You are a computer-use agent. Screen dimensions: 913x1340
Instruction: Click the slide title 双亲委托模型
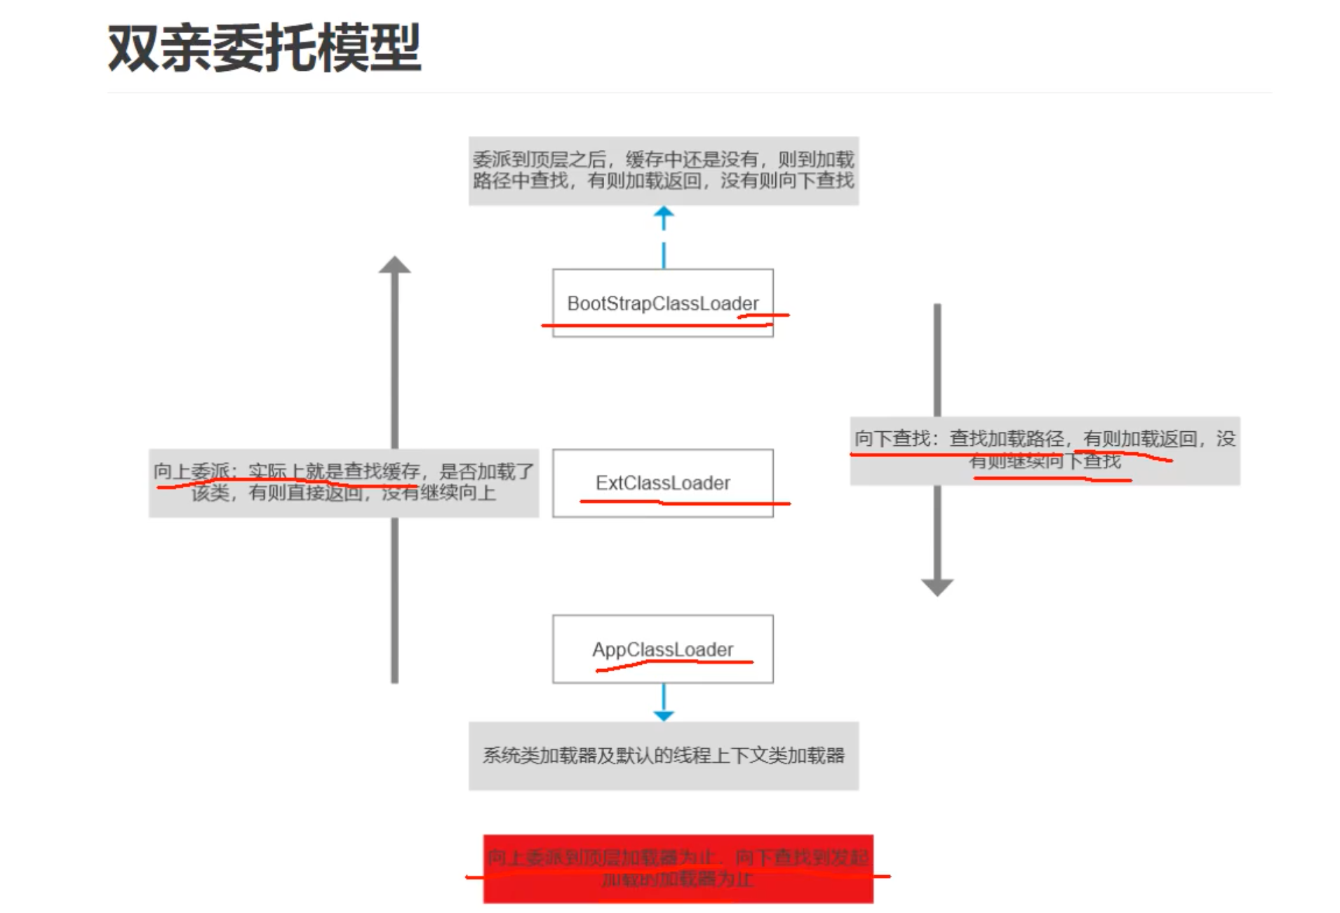click(x=264, y=48)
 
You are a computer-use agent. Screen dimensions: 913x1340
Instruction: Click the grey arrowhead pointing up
click(x=394, y=265)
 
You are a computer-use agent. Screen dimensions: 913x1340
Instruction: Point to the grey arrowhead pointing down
click(x=937, y=587)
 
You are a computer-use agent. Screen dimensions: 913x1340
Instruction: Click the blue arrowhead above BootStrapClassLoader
click(x=664, y=213)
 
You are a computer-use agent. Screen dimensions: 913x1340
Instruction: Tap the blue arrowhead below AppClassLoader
click(x=664, y=715)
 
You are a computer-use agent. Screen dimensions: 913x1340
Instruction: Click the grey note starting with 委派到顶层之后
click(x=663, y=170)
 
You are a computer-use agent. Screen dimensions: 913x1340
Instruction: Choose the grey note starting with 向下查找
click(x=1045, y=450)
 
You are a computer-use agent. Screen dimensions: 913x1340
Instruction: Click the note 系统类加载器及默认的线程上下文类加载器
click(x=663, y=755)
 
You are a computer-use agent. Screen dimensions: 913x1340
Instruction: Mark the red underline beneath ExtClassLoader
click(x=684, y=503)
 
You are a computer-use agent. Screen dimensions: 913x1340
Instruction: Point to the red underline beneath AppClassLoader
click(x=674, y=663)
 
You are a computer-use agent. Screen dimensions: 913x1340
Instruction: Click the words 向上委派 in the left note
click(x=191, y=471)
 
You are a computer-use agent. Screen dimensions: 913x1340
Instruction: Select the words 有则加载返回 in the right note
click(x=1140, y=439)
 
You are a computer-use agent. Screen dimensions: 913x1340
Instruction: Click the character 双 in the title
click(x=133, y=48)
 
